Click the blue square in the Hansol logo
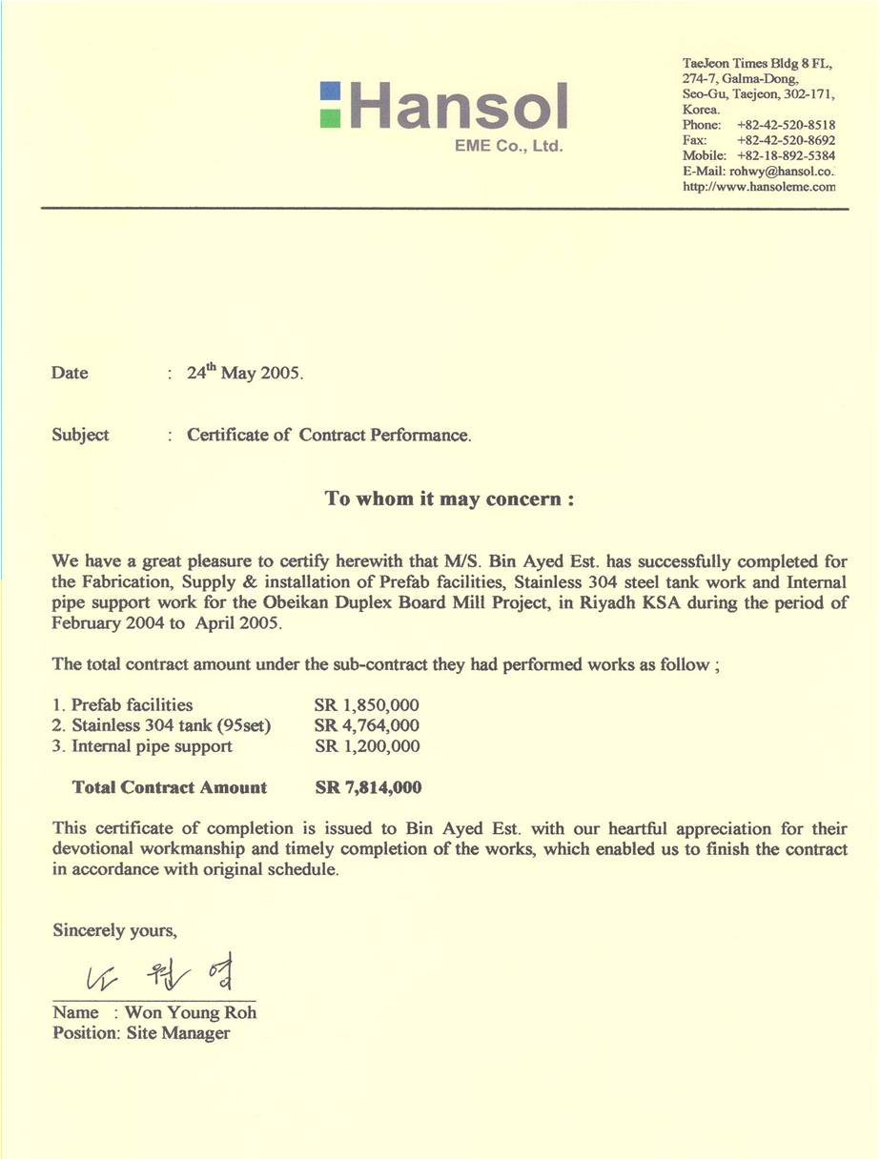[330, 92]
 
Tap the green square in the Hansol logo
[330, 117]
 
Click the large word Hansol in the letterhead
[459, 106]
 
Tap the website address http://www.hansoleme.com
[759, 187]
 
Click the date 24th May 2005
[244, 373]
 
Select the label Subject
[80, 435]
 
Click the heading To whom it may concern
[449, 499]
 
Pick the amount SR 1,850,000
[367, 705]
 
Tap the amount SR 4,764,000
[367, 726]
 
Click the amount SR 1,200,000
[367, 746]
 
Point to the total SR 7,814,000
[368, 787]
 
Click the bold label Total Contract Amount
[170, 787]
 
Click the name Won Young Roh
[191, 1012]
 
